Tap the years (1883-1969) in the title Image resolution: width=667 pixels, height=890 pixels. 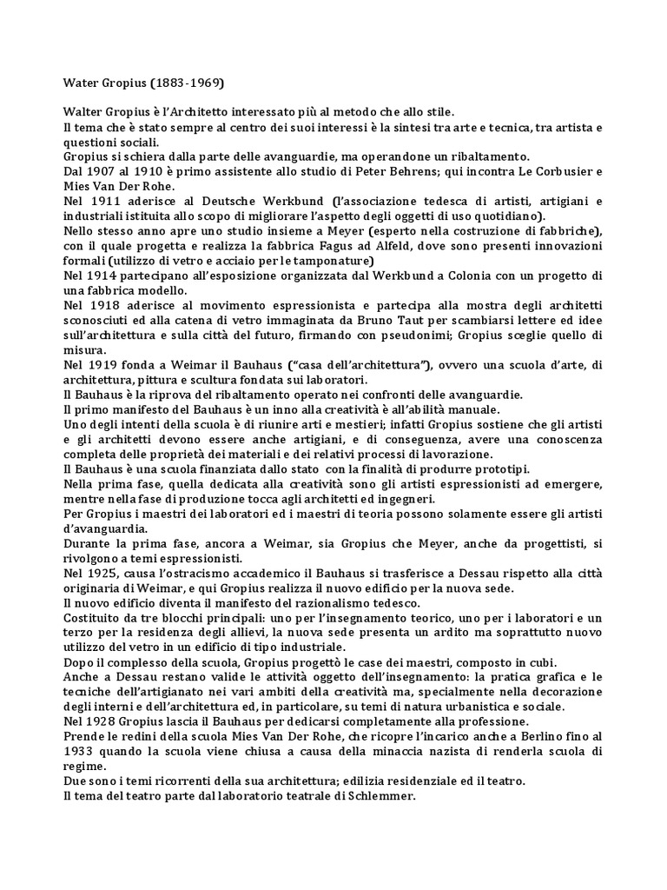(x=188, y=84)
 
